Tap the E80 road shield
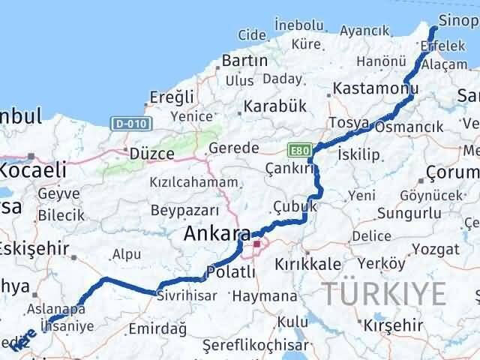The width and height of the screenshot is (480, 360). [x=298, y=149]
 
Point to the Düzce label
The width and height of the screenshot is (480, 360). [x=152, y=153]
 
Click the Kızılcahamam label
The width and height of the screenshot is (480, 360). [x=195, y=182]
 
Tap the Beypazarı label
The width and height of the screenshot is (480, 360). [x=184, y=210]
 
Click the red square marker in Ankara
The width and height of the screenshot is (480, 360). [x=257, y=244]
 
